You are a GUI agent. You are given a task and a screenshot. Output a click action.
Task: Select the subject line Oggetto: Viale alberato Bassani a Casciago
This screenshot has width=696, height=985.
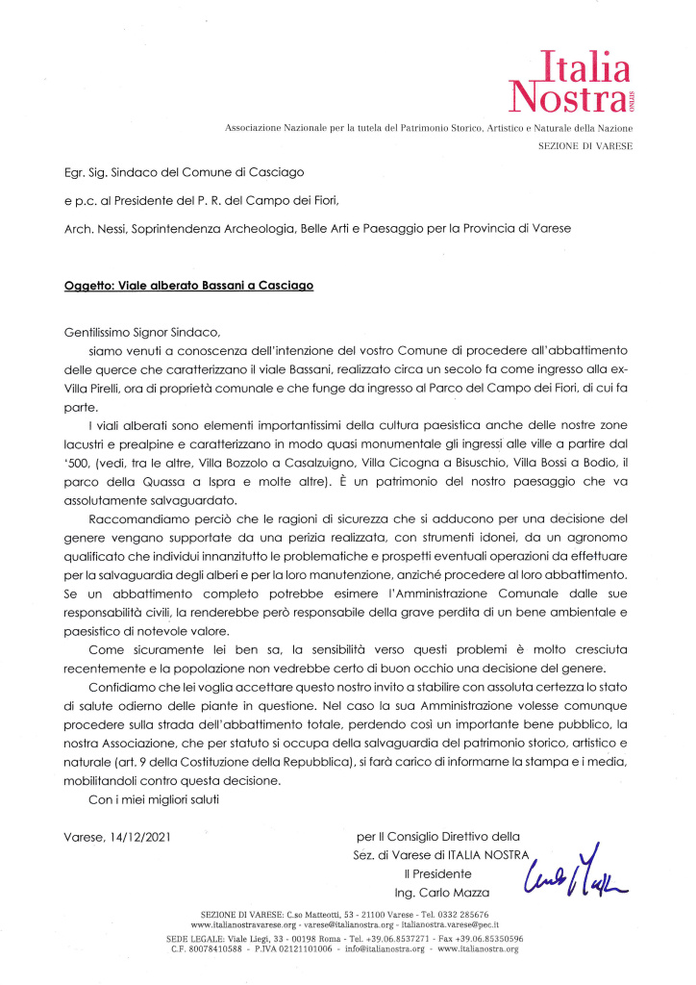pos(183,287)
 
